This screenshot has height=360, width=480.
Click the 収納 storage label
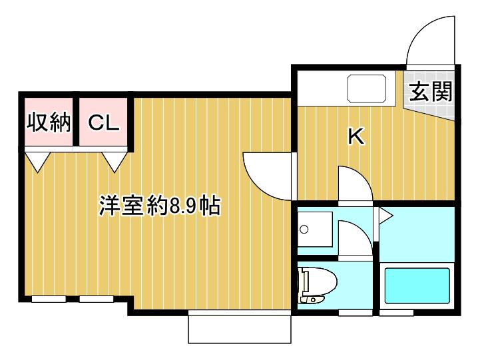(x=49, y=122)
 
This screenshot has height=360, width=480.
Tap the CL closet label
(x=103, y=122)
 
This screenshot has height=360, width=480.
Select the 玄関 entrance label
(x=431, y=92)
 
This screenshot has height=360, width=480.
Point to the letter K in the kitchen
(x=356, y=136)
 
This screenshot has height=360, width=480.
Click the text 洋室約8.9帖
(x=160, y=206)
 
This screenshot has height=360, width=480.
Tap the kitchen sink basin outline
(x=367, y=89)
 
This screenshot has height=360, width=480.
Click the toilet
(x=317, y=285)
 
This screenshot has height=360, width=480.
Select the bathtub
(x=417, y=285)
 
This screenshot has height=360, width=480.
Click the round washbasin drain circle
(x=304, y=229)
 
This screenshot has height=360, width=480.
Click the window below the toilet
(x=355, y=313)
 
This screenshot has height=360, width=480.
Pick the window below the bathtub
(x=396, y=313)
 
